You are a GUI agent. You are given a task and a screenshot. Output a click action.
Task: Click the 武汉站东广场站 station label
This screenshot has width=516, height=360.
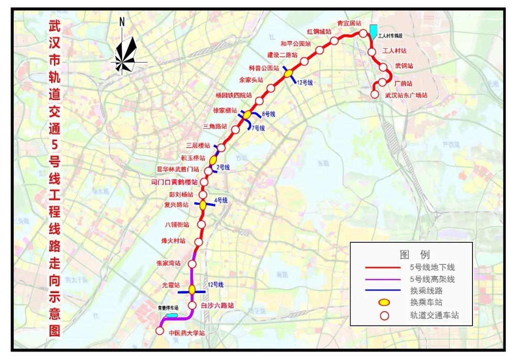coord(406,95)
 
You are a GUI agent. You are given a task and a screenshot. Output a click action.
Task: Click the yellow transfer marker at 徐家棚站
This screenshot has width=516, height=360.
coord(247,115)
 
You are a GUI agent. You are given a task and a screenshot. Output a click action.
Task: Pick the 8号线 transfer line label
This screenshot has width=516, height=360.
coord(269,114)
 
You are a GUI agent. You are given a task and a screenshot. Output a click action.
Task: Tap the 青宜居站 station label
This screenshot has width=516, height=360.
coord(348,23)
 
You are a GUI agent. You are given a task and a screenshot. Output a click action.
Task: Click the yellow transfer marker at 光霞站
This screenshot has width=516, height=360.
coord(192,289)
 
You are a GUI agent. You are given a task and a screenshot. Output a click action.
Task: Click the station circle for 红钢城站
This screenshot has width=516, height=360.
coord(334,41)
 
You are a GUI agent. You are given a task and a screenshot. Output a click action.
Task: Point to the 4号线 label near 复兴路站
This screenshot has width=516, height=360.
coord(220,200)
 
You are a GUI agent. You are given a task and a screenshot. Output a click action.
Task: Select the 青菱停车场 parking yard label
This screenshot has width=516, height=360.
coord(168,308)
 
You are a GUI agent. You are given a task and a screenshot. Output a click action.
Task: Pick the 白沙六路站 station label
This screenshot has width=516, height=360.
coord(217,305)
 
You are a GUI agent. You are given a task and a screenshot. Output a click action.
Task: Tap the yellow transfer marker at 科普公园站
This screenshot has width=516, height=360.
coord(288,73)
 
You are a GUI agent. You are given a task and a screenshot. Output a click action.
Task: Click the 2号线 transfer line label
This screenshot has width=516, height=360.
coord(223,167)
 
